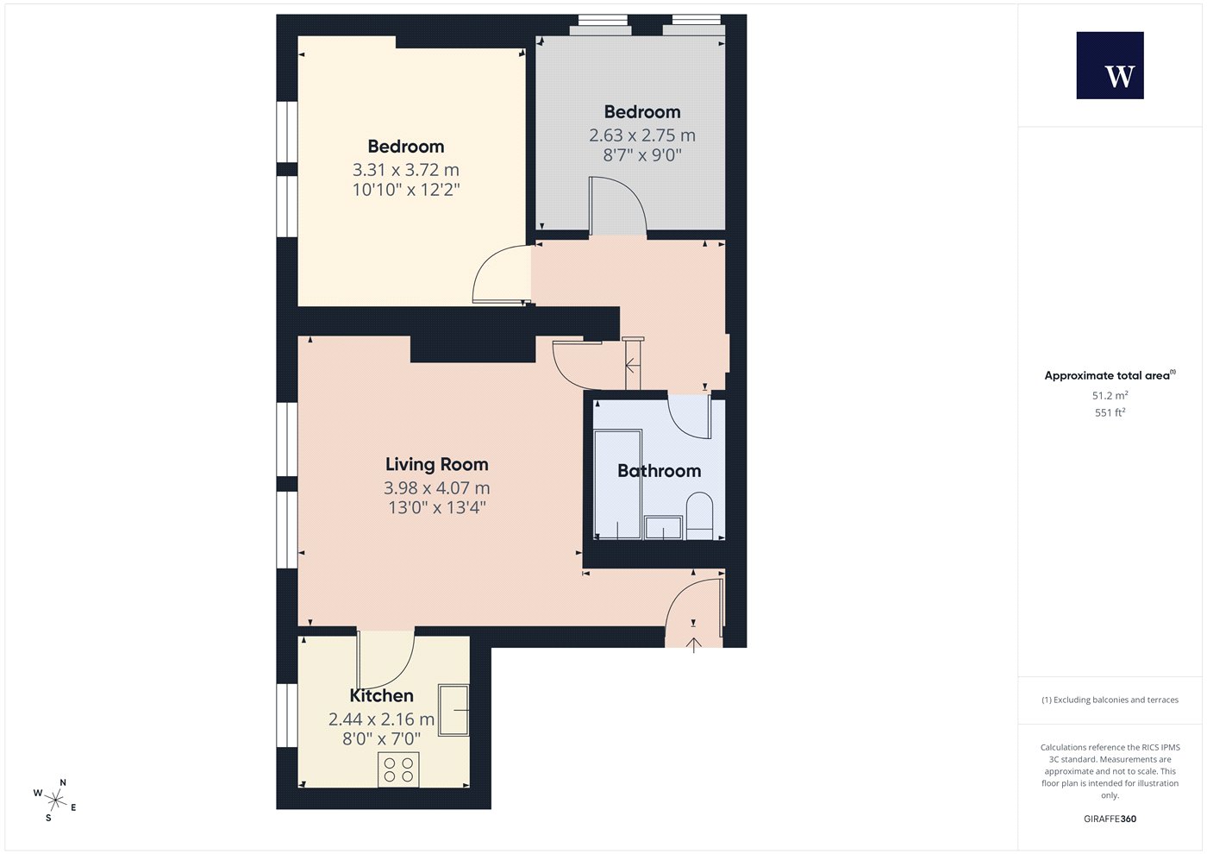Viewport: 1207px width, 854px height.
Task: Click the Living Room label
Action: (436, 464)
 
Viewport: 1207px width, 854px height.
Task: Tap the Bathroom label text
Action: (659, 471)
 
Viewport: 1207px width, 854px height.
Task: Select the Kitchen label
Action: (381, 695)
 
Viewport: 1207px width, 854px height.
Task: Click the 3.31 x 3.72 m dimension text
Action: (406, 170)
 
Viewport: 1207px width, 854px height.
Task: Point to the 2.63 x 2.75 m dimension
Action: (641, 135)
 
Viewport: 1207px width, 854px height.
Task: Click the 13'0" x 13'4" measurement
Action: (437, 508)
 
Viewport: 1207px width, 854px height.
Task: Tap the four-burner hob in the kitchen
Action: (398, 769)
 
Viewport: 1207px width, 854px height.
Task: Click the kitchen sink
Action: (453, 710)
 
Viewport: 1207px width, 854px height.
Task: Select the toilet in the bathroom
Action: (699, 516)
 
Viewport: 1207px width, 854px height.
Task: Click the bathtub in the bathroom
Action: (617, 484)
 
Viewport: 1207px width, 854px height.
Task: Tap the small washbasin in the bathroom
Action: (663, 528)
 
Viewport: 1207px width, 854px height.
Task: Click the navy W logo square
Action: (1110, 66)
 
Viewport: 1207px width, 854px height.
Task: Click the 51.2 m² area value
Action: (1110, 395)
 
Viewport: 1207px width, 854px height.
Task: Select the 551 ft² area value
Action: (1110, 412)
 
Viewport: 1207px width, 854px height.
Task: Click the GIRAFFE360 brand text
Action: (1110, 819)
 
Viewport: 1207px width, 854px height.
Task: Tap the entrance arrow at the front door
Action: (693, 645)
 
